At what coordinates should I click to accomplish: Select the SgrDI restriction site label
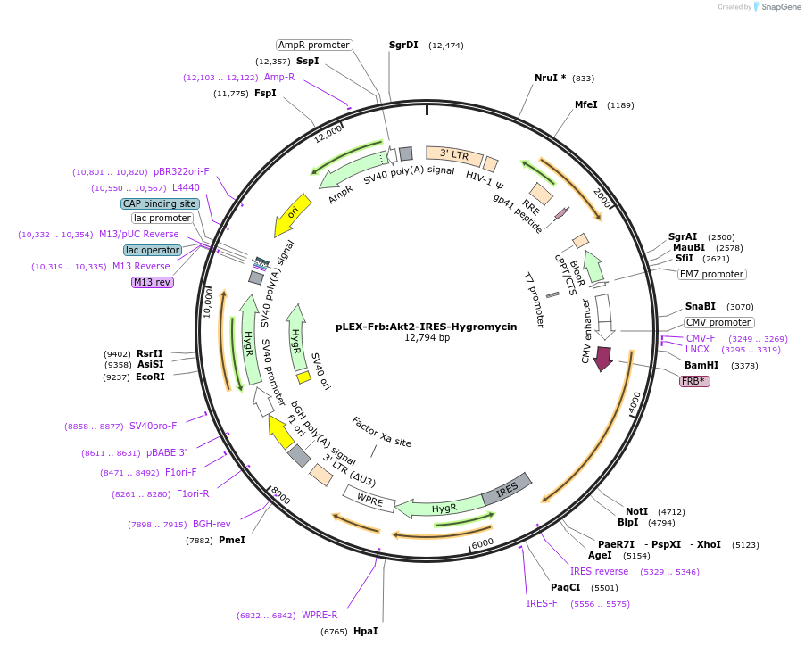(x=403, y=45)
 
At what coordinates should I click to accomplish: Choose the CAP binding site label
(x=160, y=203)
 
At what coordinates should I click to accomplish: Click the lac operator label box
(x=153, y=250)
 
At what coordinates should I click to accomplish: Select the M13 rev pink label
(x=152, y=282)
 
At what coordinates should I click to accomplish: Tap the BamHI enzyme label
(x=701, y=365)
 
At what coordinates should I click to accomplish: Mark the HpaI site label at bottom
(x=365, y=631)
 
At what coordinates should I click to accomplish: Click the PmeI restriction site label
(x=232, y=540)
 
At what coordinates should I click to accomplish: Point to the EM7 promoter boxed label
(x=711, y=274)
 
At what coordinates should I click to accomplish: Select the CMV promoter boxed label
(x=719, y=322)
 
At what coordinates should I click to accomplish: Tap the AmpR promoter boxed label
(x=313, y=45)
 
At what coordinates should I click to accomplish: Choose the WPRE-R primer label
(x=320, y=616)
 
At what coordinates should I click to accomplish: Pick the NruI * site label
(x=550, y=79)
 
